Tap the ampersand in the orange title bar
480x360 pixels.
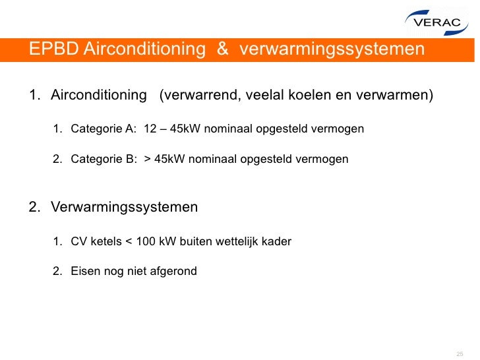tap(222, 49)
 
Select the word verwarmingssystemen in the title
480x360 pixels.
tap(332, 49)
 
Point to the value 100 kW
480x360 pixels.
tap(156, 241)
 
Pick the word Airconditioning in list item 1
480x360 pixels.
tap(99, 96)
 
